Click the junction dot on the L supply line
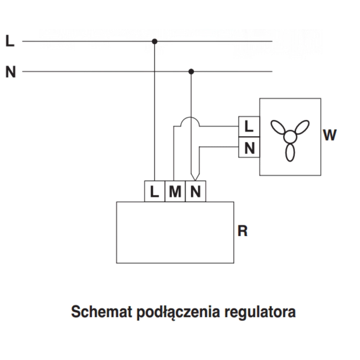[x=154, y=41]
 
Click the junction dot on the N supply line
[x=191, y=72]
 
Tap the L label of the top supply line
[x=10, y=41]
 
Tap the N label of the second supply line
[x=10, y=72]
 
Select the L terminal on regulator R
[x=154, y=192]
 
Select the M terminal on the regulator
[x=175, y=192]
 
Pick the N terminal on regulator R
[x=195, y=192]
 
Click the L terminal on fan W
[x=249, y=127]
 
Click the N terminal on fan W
[x=249, y=147]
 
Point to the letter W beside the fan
[x=330, y=135]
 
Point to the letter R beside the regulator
[x=243, y=231]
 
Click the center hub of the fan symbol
[x=290, y=137]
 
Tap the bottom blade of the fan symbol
[x=290, y=152]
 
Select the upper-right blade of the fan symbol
[x=302, y=127]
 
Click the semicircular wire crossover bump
[x=190, y=121]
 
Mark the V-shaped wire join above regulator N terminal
[x=195, y=176]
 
